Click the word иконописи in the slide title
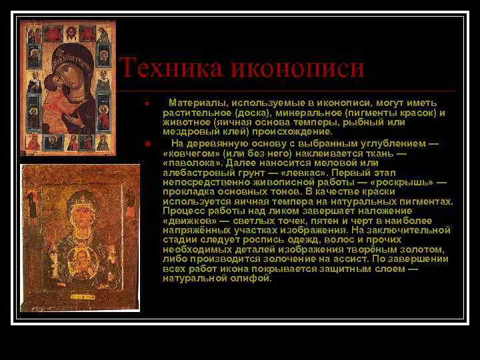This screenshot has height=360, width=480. pyautogui.click(x=298, y=68)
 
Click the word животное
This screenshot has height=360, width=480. pyautogui.click(x=184, y=123)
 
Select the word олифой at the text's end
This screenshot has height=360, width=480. pyautogui.click(x=254, y=278)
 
